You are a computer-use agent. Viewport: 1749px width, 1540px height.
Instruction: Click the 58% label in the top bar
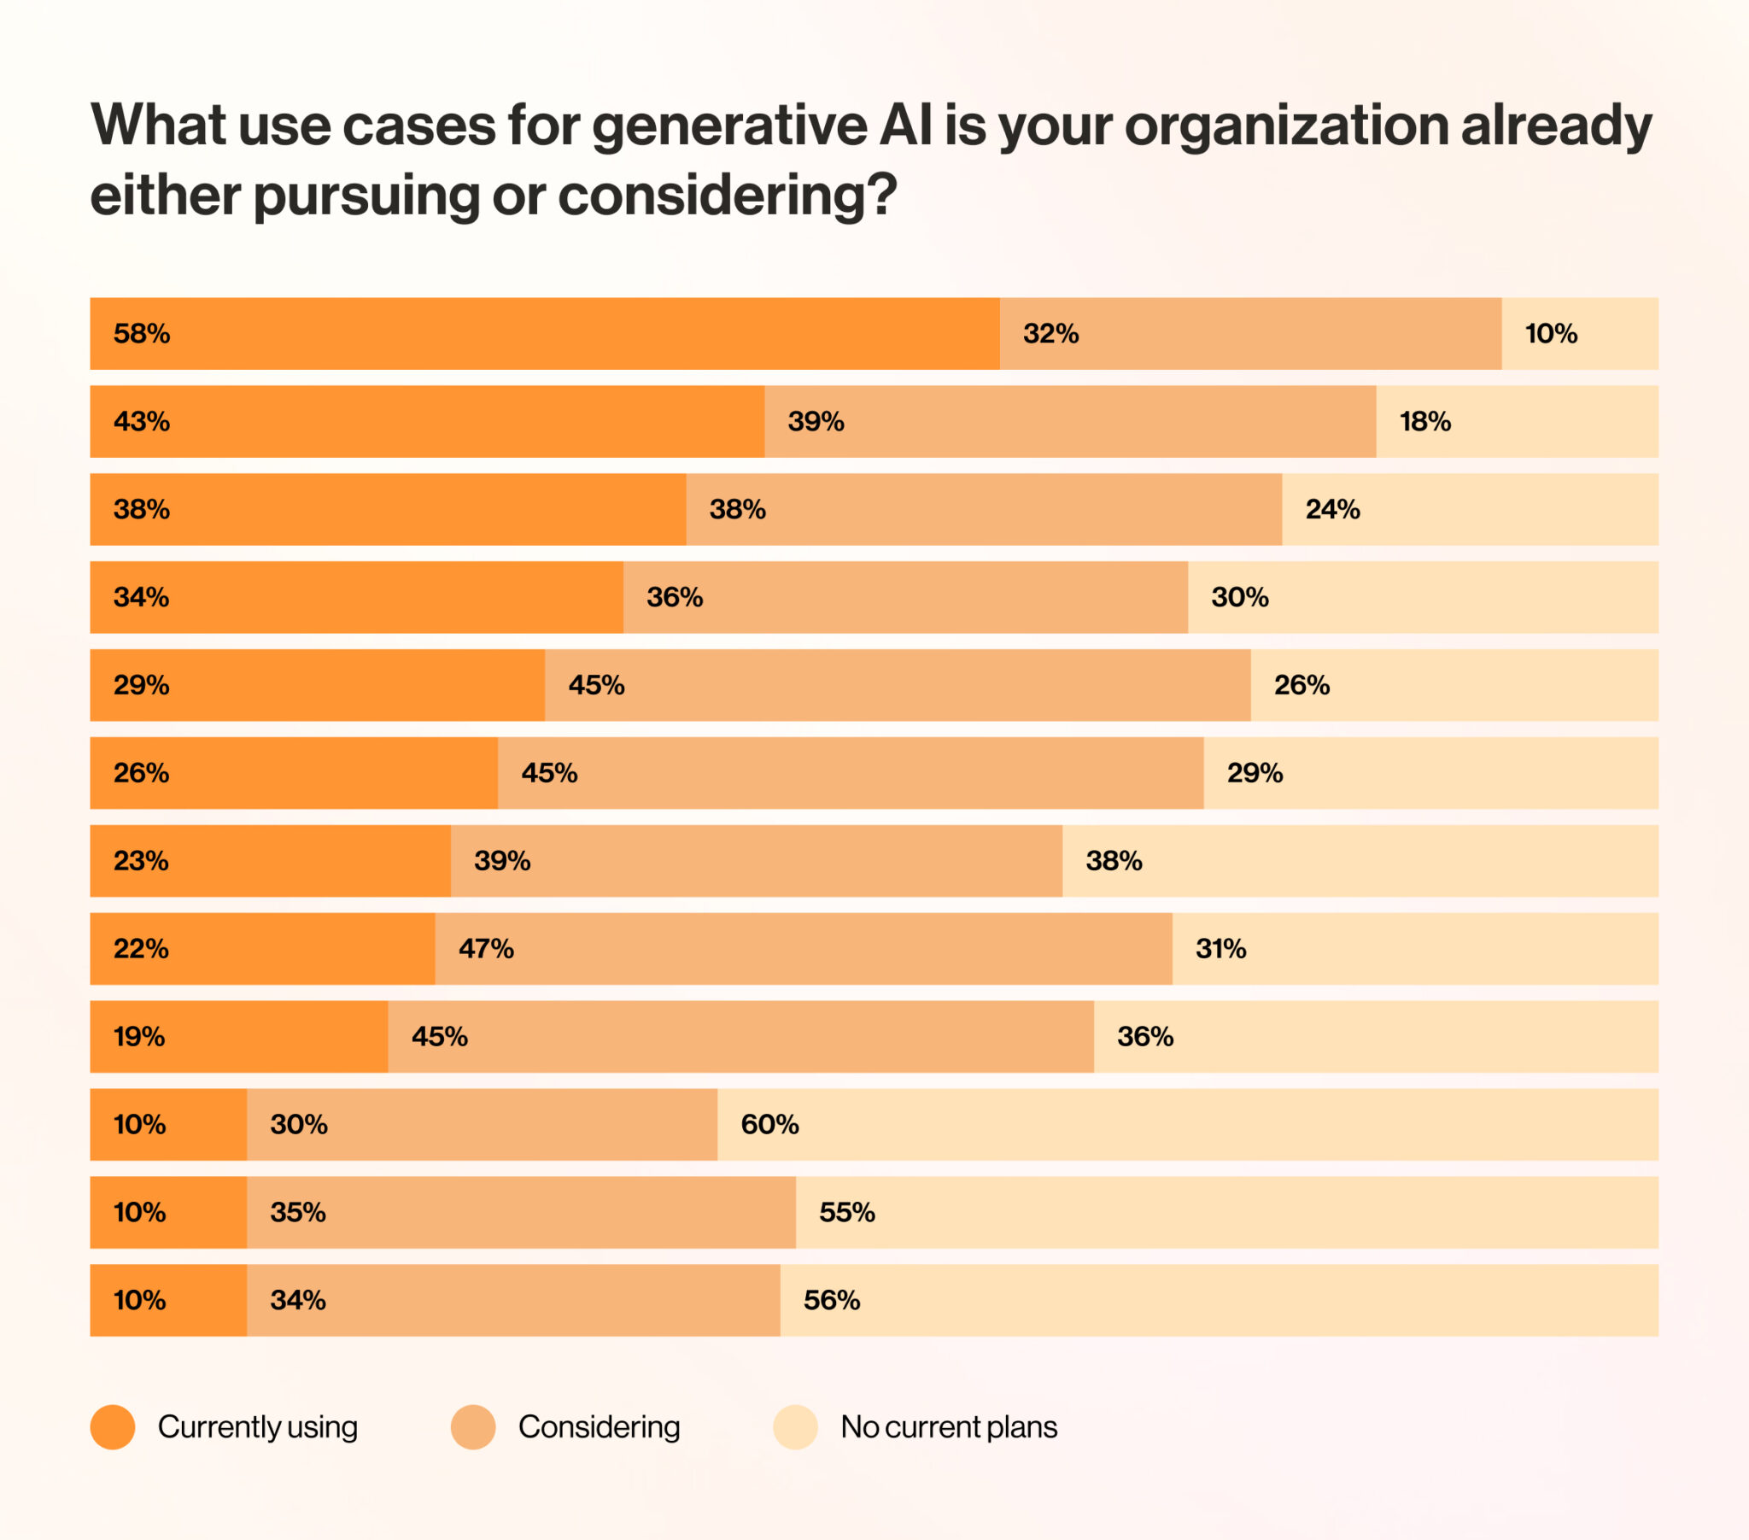click(x=141, y=334)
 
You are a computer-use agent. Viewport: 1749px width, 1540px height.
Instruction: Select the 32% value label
click(x=1050, y=334)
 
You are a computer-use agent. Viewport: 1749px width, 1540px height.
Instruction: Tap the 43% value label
click(x=141, y=421)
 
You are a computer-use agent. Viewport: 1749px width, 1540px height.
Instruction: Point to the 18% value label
click(x=1424, y=421)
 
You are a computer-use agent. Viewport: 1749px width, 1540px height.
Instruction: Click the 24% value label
click(x=1332, y=509)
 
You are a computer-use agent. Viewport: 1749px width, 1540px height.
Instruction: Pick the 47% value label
click(x=486, y=948)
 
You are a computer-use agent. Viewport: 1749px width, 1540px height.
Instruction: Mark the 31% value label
click(x=1220, y=948)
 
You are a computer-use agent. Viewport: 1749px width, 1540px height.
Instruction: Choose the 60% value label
click(x=769, y=1124)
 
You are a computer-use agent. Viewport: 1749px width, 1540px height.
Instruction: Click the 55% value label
click(x=847, y=1212)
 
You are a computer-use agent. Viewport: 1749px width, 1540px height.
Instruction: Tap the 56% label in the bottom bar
click(x=831, y=1300)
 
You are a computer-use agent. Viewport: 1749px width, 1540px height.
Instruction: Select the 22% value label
click(x=141, y=948)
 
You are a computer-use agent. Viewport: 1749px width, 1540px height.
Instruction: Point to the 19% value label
click(x=138, y=1037)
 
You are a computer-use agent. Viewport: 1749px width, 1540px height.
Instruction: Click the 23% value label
click(x=141, y=860)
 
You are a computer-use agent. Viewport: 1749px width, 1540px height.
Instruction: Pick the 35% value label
click(x=298, y=1212)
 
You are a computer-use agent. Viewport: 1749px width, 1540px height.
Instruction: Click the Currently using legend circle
click(x=113, y=1427)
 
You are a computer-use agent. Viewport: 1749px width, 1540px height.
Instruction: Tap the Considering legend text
click(x=599, y=1427)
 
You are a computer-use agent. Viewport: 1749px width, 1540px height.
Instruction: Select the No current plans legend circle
click(x=796, y=1427)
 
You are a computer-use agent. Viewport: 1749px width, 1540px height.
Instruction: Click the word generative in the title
click(x=729, y=126)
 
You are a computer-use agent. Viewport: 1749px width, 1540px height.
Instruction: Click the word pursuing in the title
click(x=366, y=196)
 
